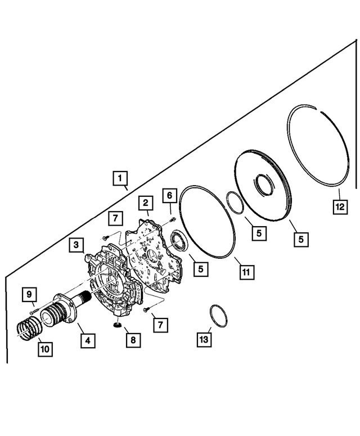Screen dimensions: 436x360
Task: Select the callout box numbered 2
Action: tap(145, 203)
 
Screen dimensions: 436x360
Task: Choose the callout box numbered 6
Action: tap(168, 195)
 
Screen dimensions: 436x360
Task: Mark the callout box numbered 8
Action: tap(133, 340)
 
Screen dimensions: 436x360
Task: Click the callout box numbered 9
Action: tap(29, 294)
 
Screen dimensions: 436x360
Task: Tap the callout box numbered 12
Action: tap(339, 206)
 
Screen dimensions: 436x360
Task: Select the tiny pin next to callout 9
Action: tap(35, 307)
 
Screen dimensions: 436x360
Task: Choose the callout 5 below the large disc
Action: tap(301, 239)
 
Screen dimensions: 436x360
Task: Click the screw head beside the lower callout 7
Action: tap(146, 309)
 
